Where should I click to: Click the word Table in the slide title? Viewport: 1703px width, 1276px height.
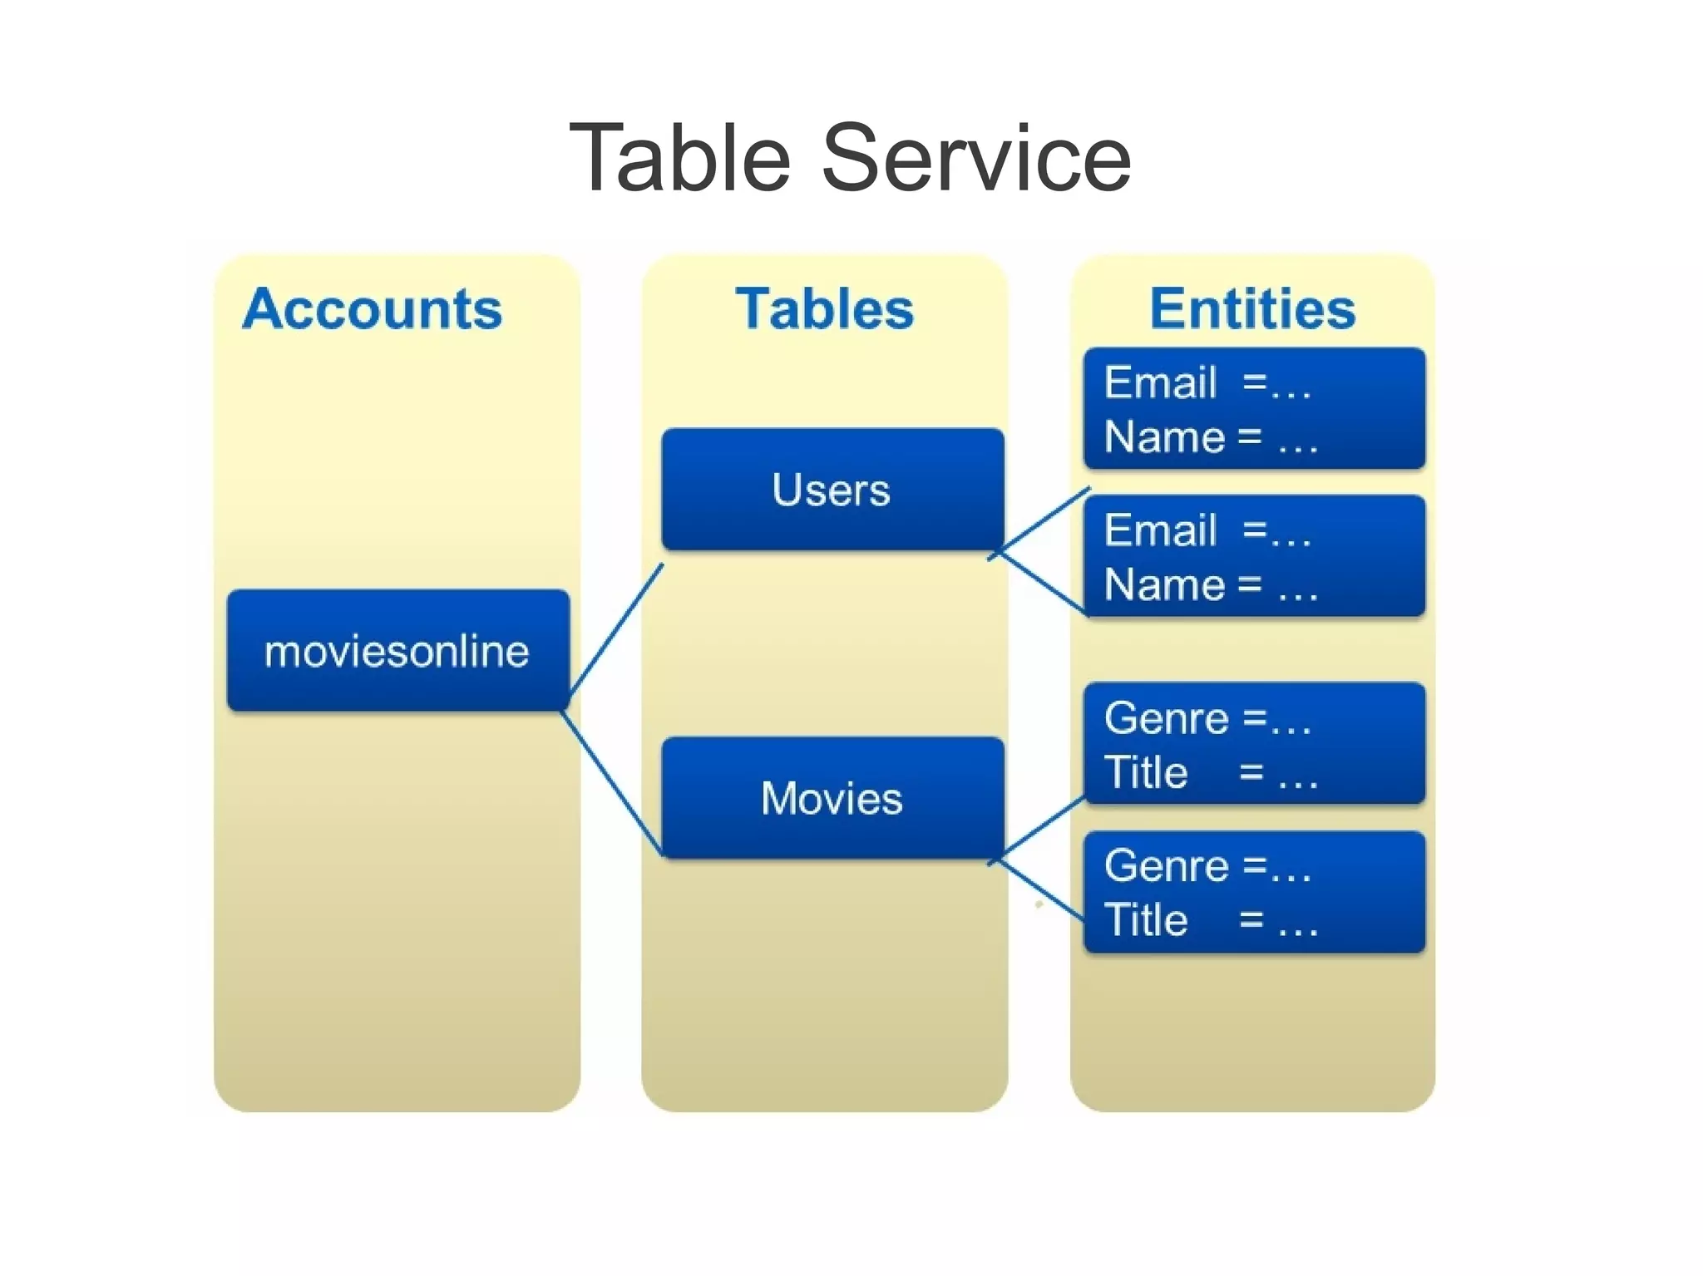coord(679,158)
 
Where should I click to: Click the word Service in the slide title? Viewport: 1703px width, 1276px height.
coord(976,158)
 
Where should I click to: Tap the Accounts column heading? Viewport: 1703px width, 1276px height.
coord(373,309)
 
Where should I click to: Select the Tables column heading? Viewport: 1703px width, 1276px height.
coord(824,309)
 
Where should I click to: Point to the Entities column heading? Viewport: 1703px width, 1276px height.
coord(1252,309)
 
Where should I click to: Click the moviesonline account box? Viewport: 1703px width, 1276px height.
coord(397,650)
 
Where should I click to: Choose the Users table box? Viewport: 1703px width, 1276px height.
coord(832,489)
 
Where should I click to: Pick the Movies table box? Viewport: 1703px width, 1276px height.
coord(832,798)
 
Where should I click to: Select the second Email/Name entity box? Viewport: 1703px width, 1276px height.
coord(1254,555)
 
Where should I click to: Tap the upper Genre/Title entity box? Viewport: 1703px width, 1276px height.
coord(1254,744)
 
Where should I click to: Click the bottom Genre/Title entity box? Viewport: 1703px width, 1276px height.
coord(1254,892)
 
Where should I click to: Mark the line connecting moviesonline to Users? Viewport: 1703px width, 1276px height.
coord(616,629)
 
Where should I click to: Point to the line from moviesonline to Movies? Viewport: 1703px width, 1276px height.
coord(613,783)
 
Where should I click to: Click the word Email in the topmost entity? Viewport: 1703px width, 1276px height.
coord(1160,383)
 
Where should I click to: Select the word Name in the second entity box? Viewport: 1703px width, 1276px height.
coord(1164,584)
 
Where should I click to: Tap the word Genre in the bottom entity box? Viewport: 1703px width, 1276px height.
coord(1166,866)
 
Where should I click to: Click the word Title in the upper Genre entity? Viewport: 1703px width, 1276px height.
coord(1146,772)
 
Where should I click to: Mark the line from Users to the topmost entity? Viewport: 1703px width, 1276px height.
coord(1044,520)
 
